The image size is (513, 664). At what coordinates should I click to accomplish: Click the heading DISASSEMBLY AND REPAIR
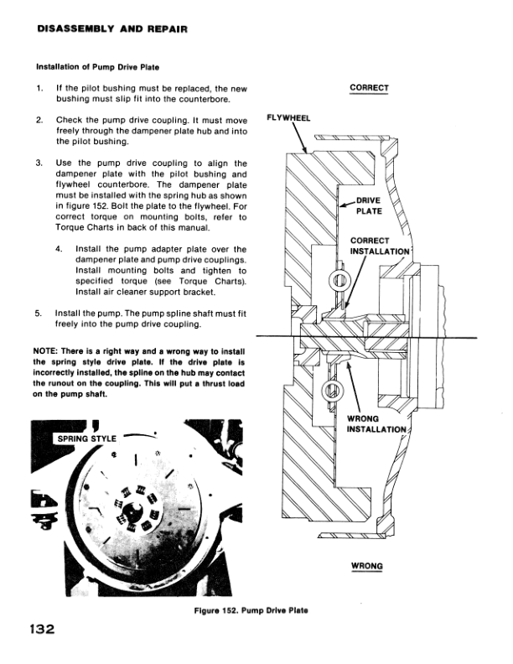(111, 29)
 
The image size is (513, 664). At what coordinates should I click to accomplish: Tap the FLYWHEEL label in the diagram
(288, 118)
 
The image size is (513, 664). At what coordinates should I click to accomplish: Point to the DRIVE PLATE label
(369, 205)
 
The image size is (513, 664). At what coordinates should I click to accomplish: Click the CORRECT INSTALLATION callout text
(380, 246)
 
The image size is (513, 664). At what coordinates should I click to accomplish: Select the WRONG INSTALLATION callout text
(376, 424)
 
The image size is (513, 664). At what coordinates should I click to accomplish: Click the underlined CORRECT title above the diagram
(369, 87)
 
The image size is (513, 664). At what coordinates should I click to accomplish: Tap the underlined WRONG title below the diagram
(366, 566)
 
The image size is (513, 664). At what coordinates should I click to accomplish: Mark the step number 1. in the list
(39, 88)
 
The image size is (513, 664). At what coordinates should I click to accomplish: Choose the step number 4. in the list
(59, 249)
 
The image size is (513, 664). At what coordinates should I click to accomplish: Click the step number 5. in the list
(39, 314)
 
